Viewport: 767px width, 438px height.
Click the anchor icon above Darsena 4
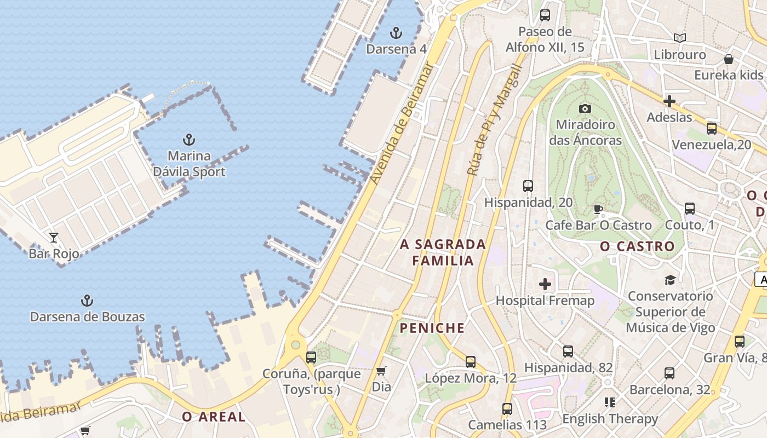point(396,33)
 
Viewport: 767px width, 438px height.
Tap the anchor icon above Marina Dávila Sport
point(189,140)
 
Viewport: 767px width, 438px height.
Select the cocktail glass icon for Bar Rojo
point(54,238)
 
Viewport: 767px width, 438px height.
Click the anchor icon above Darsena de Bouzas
point(87,301)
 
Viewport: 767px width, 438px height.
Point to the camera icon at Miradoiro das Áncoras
point(585,108)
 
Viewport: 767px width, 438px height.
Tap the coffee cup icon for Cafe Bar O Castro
point(598,209)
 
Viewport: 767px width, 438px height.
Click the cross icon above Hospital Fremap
point(545,284)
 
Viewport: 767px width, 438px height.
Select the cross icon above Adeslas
point(669,101)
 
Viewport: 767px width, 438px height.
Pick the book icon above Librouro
point(680,38)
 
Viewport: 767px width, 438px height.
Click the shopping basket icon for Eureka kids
point(729,59)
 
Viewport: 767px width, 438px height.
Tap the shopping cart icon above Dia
point(381,371)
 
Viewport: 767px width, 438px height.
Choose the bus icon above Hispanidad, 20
point(528,186)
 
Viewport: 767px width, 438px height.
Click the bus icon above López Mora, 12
point(471,362)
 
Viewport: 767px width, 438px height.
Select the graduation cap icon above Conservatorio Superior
point(670,280)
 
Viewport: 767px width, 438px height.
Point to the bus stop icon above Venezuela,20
point(712,129)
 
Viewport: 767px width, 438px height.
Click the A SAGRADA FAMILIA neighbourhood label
point(443,252)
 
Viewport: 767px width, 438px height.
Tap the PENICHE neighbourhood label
point(432,328)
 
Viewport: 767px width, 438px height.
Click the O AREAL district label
point(214,417)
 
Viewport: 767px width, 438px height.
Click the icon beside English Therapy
point(610,403)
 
